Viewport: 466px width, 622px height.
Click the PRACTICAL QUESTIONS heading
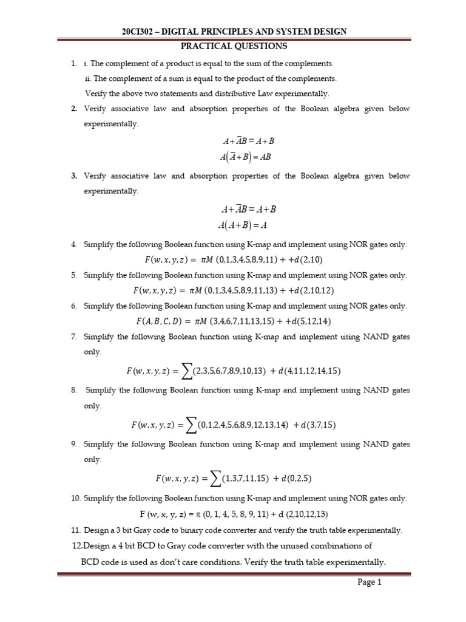click(x=234, y=46)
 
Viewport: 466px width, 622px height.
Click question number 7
click(x=73, y=337)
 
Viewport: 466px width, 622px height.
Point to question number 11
click(x=75, y=530)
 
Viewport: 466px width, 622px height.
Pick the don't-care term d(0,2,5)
click(x=296, y=479)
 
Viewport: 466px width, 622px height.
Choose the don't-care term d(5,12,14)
click(x=309, y=321)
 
